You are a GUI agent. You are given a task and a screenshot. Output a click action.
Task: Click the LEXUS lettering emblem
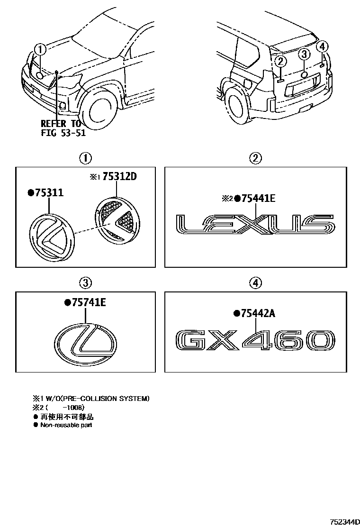coord(255,225)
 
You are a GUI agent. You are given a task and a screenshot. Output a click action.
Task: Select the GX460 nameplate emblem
coord(255,342)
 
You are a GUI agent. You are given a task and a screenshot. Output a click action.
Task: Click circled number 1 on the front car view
coord(41,49)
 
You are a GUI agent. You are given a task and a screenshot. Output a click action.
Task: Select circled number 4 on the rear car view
coord(322,46)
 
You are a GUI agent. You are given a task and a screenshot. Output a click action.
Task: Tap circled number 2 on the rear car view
coord(280,60)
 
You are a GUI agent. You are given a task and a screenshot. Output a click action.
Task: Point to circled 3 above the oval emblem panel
coord(85,283)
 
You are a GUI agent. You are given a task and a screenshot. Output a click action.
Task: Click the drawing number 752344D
coord(342,521)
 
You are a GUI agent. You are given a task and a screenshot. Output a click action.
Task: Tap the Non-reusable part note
coord(66,425)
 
